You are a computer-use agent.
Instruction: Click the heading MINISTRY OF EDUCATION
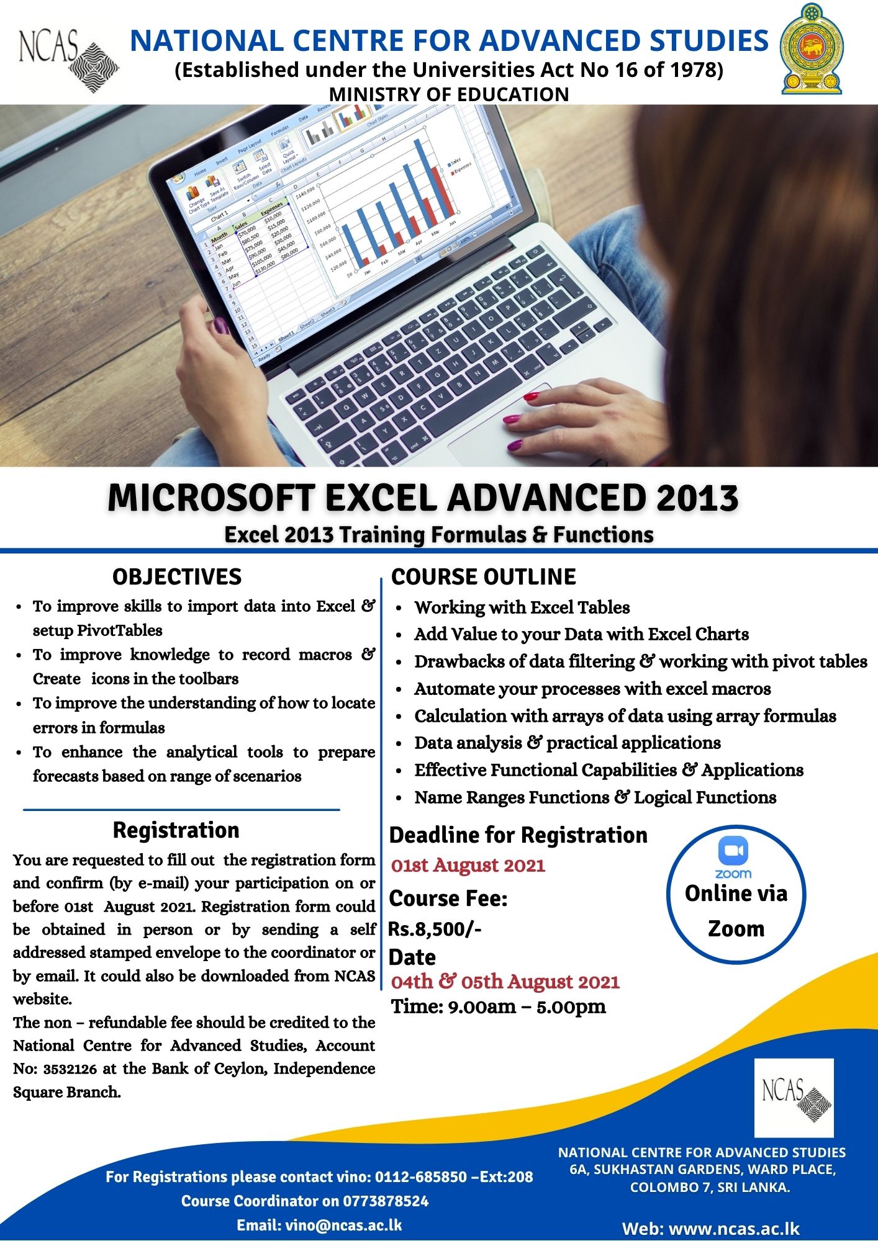(448, 94)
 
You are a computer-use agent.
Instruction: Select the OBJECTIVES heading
(177, 576)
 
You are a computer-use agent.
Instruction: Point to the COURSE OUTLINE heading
(483, 576)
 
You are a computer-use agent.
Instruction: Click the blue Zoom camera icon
(733, 851)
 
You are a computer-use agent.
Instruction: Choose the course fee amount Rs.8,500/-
(435, 929)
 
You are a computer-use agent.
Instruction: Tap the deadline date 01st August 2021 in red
(468, 865)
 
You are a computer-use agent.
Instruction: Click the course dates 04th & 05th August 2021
(505, 982)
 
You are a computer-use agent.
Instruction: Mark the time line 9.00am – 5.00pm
(498, 1006)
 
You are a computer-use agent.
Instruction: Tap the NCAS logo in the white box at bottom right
(794, 1097)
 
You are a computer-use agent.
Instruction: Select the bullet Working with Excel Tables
(522, 607)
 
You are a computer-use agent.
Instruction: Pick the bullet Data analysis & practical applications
(567, 743)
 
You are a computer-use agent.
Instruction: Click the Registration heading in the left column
(176, 830)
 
